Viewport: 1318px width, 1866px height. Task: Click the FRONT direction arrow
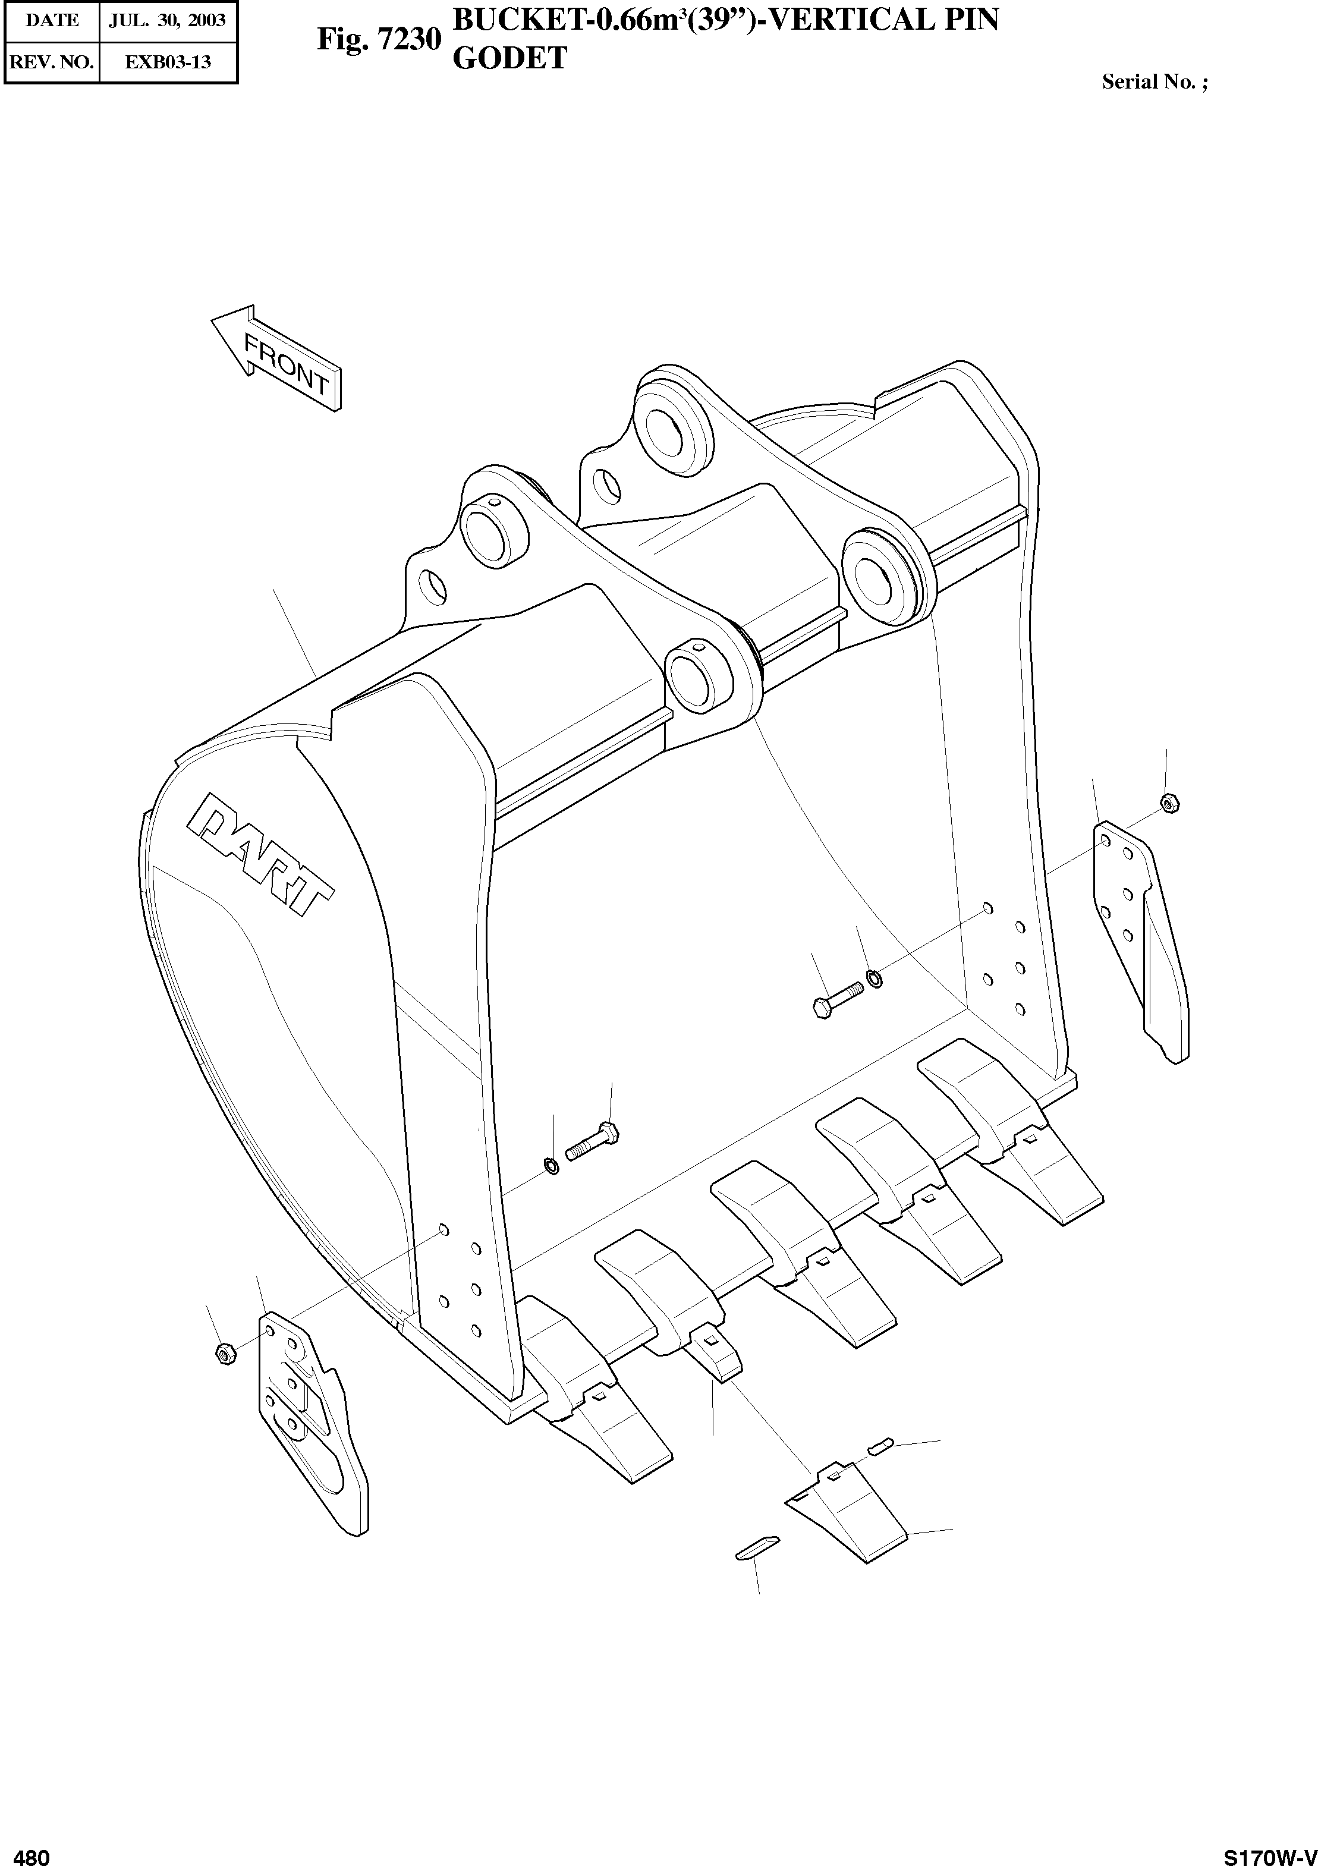[277, 358]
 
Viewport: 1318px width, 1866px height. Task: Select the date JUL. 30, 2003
[168, 20]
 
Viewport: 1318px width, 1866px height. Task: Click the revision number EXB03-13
[168, 62]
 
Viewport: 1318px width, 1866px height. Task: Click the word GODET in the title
[509, 58]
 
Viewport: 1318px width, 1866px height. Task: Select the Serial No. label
[1154, 82]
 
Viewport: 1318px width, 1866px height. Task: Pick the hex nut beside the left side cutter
[225, 1353]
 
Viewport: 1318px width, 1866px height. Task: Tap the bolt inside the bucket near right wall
[837, 1000]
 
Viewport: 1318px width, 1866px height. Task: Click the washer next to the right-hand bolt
[875, 978]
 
